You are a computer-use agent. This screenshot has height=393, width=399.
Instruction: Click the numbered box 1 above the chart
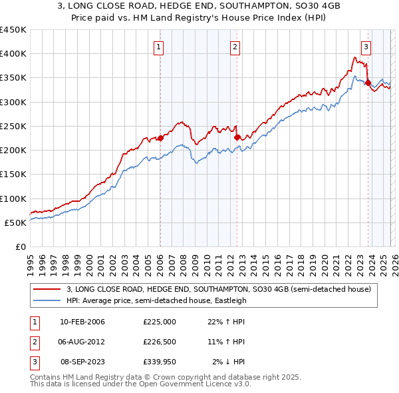point(160,47)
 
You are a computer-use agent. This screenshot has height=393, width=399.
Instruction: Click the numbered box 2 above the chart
point(236,47)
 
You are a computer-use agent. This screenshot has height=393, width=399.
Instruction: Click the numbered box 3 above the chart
point(366,47)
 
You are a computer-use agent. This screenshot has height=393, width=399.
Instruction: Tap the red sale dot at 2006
point(160,138)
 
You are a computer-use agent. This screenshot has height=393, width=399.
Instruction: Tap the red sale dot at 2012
point(237,137)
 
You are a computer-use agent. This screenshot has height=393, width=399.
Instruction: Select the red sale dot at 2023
point(368,83)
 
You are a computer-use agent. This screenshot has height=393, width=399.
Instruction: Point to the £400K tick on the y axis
point(13,54)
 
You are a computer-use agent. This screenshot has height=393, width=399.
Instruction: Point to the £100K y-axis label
point(13,198)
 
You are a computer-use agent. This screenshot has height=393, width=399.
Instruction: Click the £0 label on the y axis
point(20,246)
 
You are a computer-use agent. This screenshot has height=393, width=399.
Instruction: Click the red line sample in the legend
point(47,289)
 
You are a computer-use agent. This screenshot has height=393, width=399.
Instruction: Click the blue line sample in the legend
point(47,300)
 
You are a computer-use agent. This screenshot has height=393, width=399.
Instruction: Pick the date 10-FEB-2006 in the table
point(82,322)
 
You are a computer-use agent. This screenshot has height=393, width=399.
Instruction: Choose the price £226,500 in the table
point(160,342)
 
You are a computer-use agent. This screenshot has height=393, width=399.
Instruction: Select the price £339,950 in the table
point(160,362)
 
